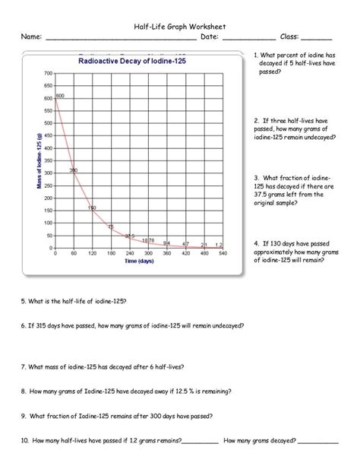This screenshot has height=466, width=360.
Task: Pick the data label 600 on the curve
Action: [x=60, y=95]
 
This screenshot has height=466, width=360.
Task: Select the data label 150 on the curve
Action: [x=91, y=208]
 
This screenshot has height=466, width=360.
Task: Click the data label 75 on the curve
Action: [x=111, y=227]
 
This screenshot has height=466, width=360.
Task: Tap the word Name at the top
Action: [x=30, y=36]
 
